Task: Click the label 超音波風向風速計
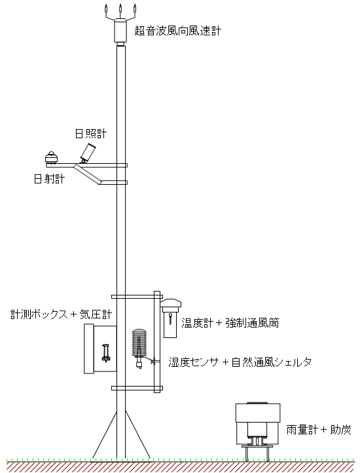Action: pos(177,31)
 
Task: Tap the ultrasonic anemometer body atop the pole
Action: pos(120,31)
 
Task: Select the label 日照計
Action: pos(91,134)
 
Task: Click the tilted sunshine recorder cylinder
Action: pos(88,153)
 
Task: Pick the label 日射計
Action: pos(49,179)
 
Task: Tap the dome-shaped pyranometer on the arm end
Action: pos(52,157)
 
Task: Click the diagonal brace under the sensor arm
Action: pos(88,174)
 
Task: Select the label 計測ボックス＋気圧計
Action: pos(62,314)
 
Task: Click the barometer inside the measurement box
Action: pos(106,353)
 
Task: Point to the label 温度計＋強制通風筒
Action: pos(230,323)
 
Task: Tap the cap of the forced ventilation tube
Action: pos(171,303)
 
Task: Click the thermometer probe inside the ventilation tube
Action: pos(171,319)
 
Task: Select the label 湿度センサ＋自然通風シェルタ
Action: pos(240,362)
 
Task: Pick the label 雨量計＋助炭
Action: pos(319,430)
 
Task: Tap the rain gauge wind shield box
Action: pos(258,413)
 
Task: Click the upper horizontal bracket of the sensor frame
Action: pos(137,297)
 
